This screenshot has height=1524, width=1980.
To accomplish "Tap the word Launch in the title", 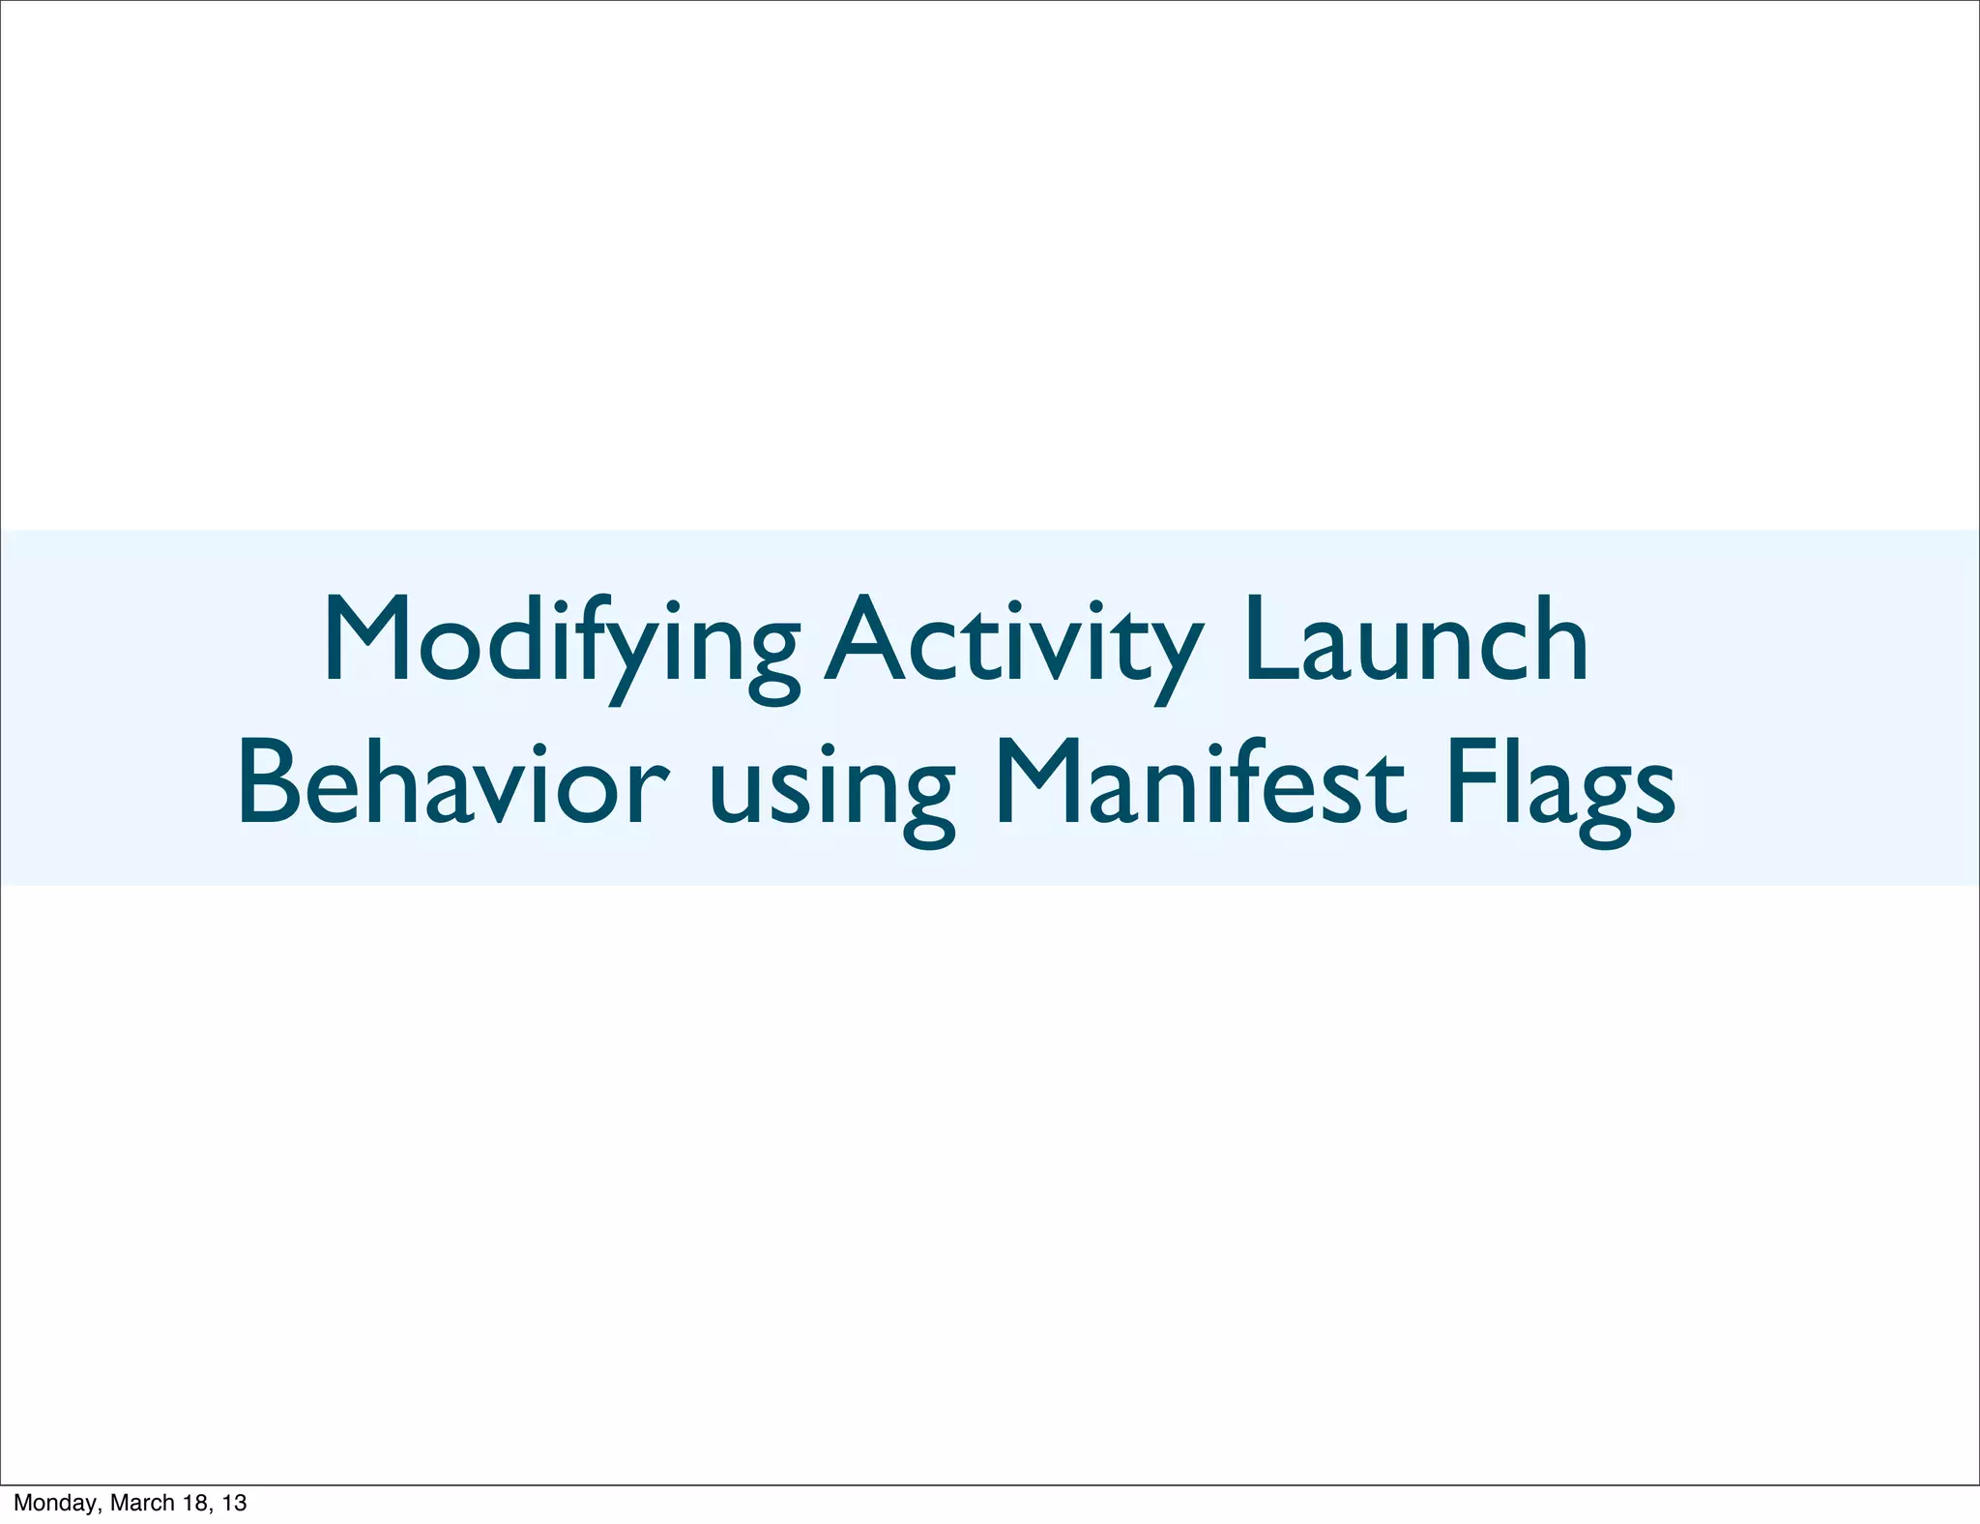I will [x=1416, y=640].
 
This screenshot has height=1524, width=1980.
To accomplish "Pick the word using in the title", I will [x=831, y=788].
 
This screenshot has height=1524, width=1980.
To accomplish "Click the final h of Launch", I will [x=1561, y=640].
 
